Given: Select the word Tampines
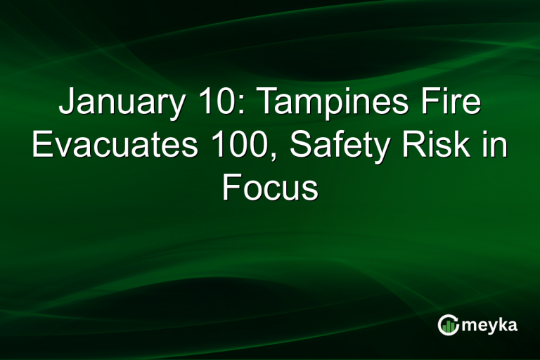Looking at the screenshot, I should pos(341,104).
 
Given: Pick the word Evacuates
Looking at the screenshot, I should pos(112,147).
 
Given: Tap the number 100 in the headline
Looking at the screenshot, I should pos(243,147).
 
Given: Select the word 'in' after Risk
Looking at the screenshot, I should pos(496,147).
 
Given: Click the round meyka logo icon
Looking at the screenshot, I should pos(447,324).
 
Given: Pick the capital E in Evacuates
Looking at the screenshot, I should pos(43,147).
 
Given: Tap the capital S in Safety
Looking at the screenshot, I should pos(297,147).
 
